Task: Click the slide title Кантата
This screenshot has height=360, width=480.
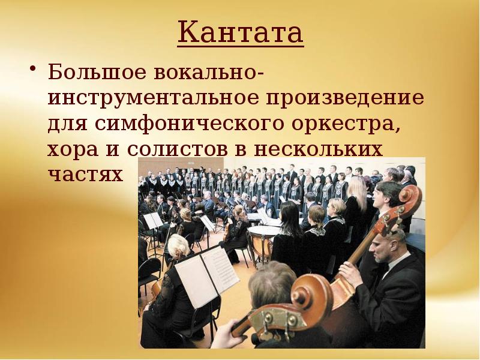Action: tap(241, 34)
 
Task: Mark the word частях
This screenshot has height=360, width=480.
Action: tap(85, 175)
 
